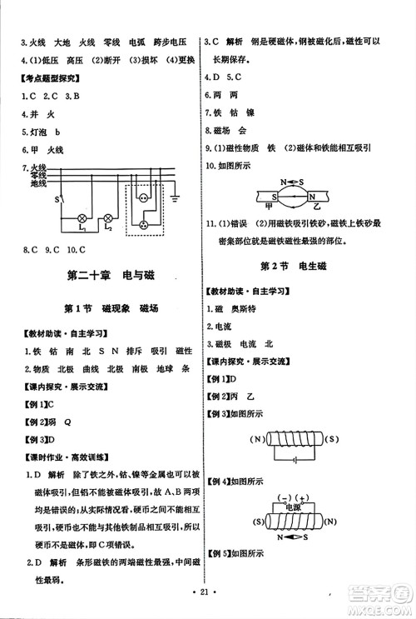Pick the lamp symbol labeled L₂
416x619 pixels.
pyautogui.click(x=107, y=218)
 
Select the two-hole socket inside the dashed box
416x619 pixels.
pyautogui.click(x=143, y=201)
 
